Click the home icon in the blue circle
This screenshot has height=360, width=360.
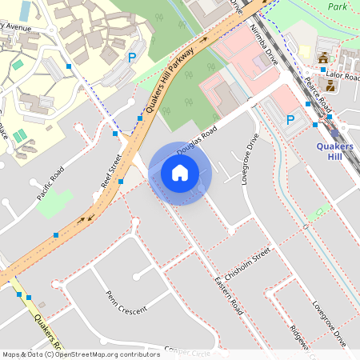point(180,173)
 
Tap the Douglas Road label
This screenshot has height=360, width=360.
point(198,138)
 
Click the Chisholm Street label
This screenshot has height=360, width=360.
point(248,264)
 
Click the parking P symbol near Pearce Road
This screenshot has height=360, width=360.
point(291,120)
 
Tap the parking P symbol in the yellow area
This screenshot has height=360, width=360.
point(133,57)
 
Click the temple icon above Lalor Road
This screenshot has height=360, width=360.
point(324,58)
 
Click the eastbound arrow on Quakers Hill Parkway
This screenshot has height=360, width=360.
point(204,38)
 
